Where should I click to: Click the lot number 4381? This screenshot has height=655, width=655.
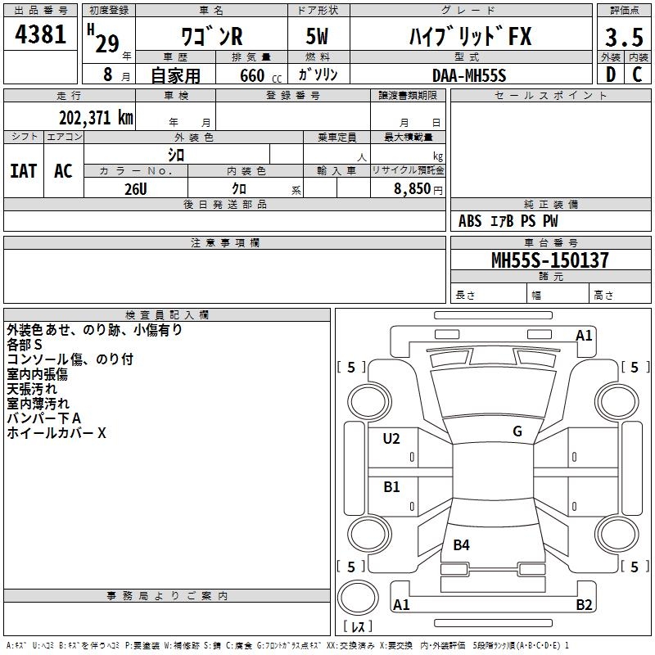(40, 34)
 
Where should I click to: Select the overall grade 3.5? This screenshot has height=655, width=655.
(624, 37)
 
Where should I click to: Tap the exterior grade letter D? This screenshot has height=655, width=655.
(610, 75)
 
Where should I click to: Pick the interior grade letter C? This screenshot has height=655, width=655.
(637, 75)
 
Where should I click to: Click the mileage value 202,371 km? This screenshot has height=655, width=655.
(96, 118)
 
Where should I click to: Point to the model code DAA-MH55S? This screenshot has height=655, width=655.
(469, 75)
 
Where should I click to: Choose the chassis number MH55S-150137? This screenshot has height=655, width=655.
(550, 260)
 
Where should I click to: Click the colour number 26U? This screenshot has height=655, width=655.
(136, 189)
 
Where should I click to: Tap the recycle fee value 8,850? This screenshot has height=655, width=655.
(412, 189)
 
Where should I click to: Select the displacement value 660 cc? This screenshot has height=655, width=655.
(260, 76)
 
